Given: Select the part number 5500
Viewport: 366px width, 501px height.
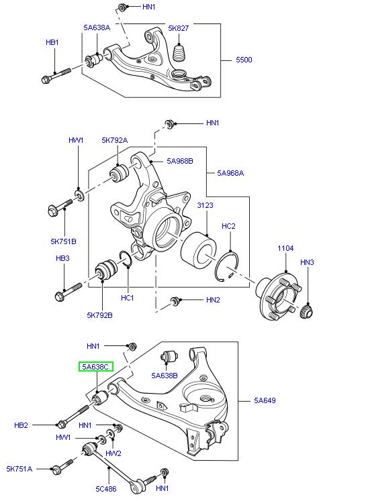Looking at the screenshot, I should [x=244, y=60].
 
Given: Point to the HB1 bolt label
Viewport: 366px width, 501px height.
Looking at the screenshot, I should [x=52, y=42].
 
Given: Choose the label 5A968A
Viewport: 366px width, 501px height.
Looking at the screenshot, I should [x=230, y=173].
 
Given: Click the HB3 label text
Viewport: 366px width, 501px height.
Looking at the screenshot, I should [x=62, y=257].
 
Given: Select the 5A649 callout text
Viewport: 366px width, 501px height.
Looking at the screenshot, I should [x=265, y=401].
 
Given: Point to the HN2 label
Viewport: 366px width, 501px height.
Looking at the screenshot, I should [x=213, y=300].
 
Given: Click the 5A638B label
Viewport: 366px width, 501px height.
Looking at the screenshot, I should [x=164, y=376].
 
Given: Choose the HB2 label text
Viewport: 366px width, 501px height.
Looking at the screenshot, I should [x=21, y=425].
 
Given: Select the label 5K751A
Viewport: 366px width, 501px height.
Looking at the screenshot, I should [x=19, y=468].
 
